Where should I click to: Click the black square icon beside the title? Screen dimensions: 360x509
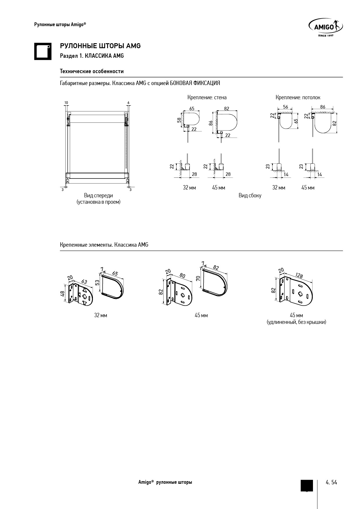point(43,51)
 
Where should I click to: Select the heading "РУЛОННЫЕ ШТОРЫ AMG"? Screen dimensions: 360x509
point(100,46)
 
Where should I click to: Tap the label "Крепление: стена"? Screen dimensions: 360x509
point(207,98)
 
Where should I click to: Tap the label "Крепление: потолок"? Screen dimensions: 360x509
point(298,98)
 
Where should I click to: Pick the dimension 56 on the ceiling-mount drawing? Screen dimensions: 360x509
point(285,107)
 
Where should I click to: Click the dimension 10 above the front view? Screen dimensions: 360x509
point(66,102)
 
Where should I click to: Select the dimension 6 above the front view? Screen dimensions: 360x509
point(128,102)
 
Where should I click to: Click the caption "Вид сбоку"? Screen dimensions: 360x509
point(250,196)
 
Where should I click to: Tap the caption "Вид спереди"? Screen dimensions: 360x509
point(98,196)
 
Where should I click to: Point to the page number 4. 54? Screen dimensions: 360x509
point(331,482)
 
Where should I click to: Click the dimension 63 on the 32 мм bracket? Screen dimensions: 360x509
point(84,281)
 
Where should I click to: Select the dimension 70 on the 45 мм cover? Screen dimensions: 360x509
point(198,278)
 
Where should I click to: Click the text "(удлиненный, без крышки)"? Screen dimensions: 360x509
point(296,322)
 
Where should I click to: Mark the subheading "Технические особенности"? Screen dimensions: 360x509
point(92,71)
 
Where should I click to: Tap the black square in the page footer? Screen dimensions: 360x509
point(307,485)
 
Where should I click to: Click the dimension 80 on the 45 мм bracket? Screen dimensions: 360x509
point(182,275)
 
